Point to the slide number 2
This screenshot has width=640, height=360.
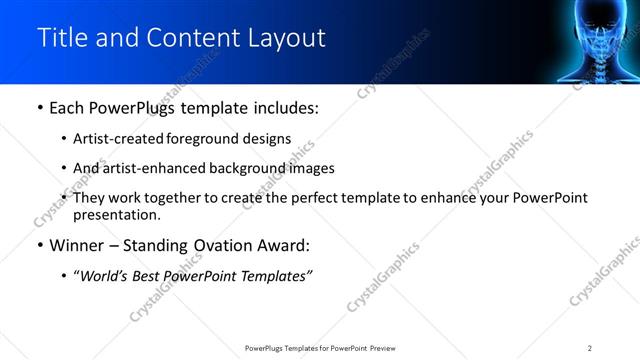pos(590,347)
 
